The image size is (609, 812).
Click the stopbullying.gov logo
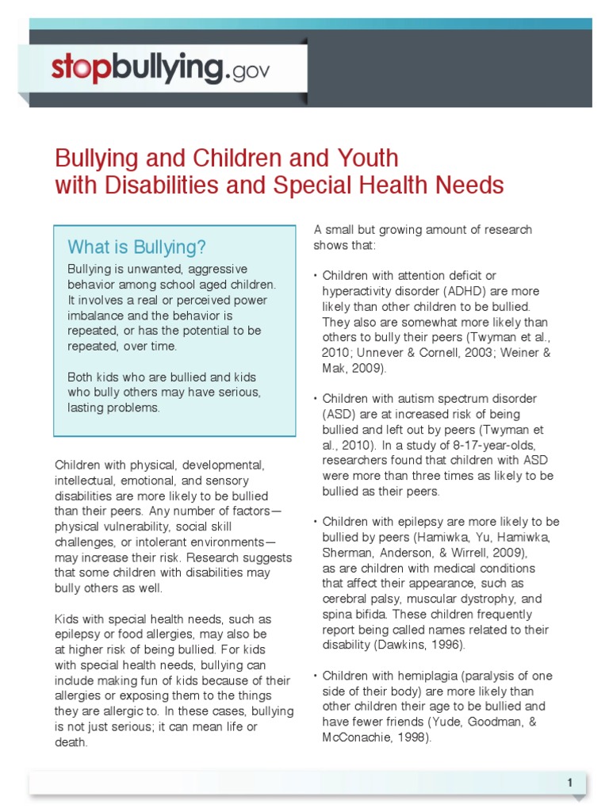click(161, 70)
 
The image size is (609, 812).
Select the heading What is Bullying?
click(136, 246)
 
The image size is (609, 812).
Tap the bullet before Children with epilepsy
click(316, 522)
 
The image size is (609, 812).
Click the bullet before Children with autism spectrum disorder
click(316, 399)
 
